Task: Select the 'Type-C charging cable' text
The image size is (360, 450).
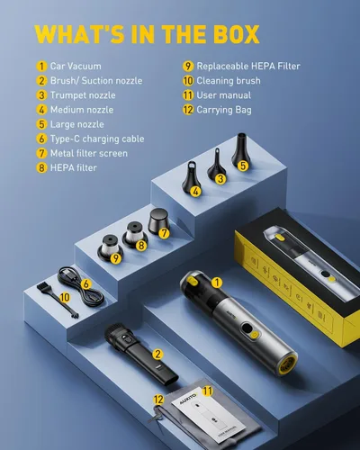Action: pos(97,139)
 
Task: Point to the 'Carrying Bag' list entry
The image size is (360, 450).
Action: pos(224,110)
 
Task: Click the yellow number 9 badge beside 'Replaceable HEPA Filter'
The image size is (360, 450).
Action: pos(188,67)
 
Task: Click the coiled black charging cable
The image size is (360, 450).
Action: pos(80,287)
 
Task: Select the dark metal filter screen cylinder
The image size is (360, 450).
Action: pos(158,221)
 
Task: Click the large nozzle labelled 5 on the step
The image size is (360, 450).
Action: pos(239,151)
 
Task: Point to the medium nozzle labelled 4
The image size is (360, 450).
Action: pos(190,177)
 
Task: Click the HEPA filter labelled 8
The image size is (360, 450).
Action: pos(134,235)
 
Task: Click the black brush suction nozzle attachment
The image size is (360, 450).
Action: pos(141,354)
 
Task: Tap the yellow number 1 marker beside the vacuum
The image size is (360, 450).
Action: pos(217,283)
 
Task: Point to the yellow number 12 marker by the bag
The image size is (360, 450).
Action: pos(158,400)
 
